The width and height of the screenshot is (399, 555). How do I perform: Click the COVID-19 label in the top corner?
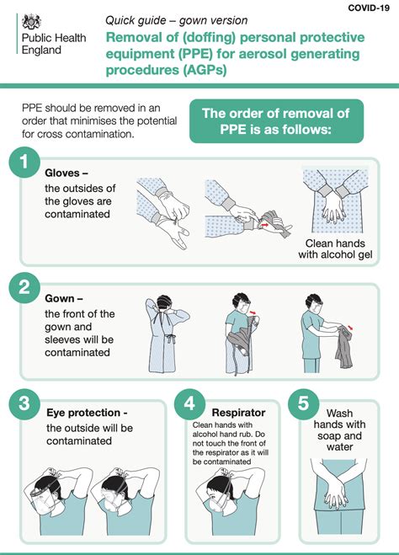tap(370, 8)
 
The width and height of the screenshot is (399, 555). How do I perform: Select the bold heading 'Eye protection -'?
tap(88, 413)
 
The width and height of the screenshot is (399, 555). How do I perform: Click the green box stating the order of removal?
tap(277, 121)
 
